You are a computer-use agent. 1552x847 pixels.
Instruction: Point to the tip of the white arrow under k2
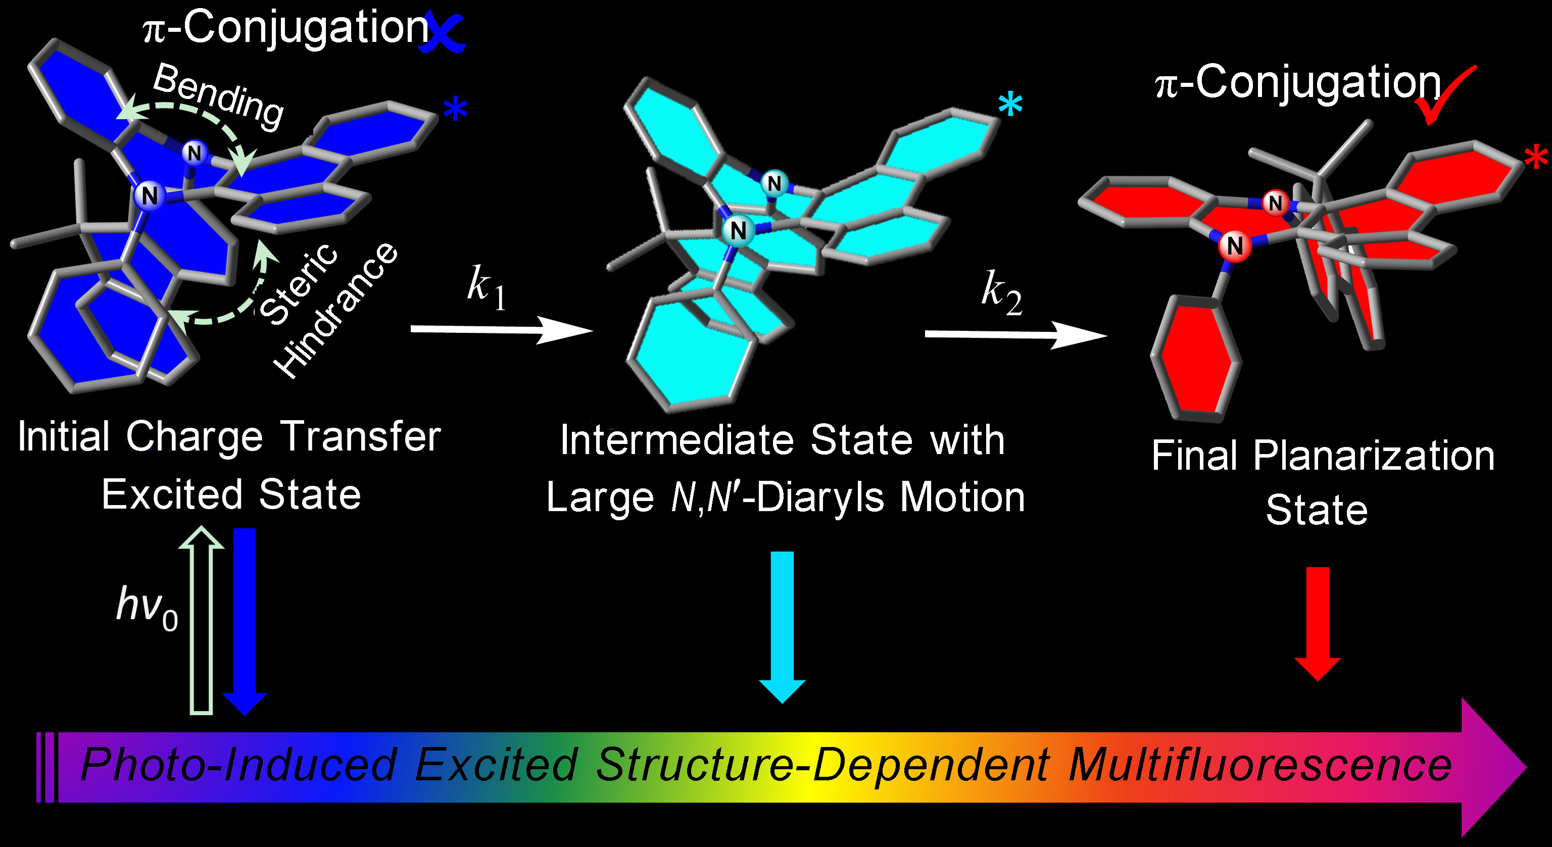click(1107, 335)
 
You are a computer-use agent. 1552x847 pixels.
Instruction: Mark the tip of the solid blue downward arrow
click(245, 715)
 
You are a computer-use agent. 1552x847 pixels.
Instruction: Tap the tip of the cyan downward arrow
click(782, 703)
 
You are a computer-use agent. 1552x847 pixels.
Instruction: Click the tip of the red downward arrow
click(1318, 681)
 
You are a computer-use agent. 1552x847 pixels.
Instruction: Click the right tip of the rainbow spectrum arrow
click(1527, 767)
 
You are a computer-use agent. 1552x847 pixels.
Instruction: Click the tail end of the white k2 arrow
click(926, 333)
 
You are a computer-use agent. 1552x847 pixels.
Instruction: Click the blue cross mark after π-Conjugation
click(443, 31)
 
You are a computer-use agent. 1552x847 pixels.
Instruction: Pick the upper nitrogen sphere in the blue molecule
click(194, 153)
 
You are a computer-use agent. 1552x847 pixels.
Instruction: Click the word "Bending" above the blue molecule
click(218, 96)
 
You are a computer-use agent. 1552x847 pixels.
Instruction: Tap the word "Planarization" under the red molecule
click(1374, 456)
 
